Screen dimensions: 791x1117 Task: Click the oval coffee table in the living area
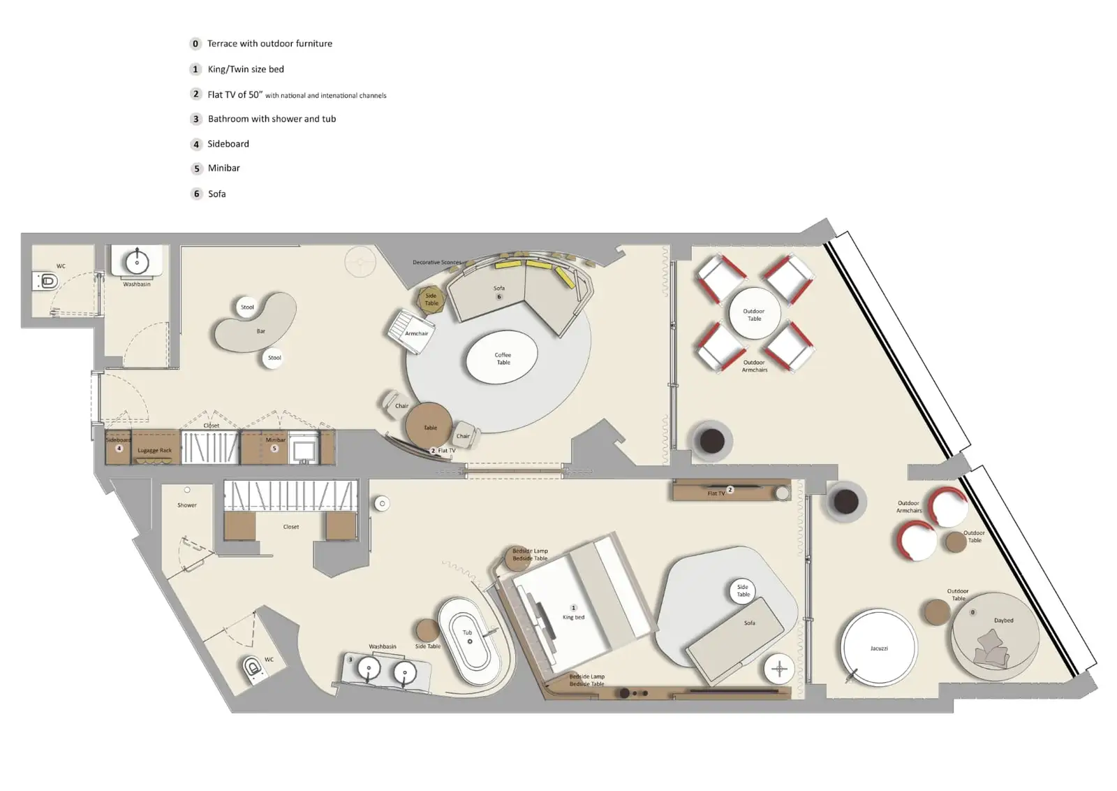502,358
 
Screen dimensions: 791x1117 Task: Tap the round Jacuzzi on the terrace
878,648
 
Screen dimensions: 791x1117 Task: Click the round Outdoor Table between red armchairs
754,314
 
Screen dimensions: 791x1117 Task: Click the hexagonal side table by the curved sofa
431,299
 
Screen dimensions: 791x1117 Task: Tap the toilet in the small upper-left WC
47,282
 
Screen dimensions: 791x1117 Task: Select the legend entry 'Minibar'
223,168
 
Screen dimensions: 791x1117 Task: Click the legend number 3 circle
196,119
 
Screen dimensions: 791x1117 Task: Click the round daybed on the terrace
994,634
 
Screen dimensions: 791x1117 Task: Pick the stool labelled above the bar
247,307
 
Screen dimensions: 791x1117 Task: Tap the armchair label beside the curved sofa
416,333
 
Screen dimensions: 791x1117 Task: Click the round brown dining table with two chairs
429,426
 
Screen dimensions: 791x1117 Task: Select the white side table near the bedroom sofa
742,590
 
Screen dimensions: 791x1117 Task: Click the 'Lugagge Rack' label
154,450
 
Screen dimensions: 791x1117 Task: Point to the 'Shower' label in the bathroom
186,505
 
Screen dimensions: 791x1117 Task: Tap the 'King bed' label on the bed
573,617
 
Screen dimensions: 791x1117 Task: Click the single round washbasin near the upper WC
137,262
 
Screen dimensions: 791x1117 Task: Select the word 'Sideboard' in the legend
228,144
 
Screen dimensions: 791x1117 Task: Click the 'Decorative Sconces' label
436,262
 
